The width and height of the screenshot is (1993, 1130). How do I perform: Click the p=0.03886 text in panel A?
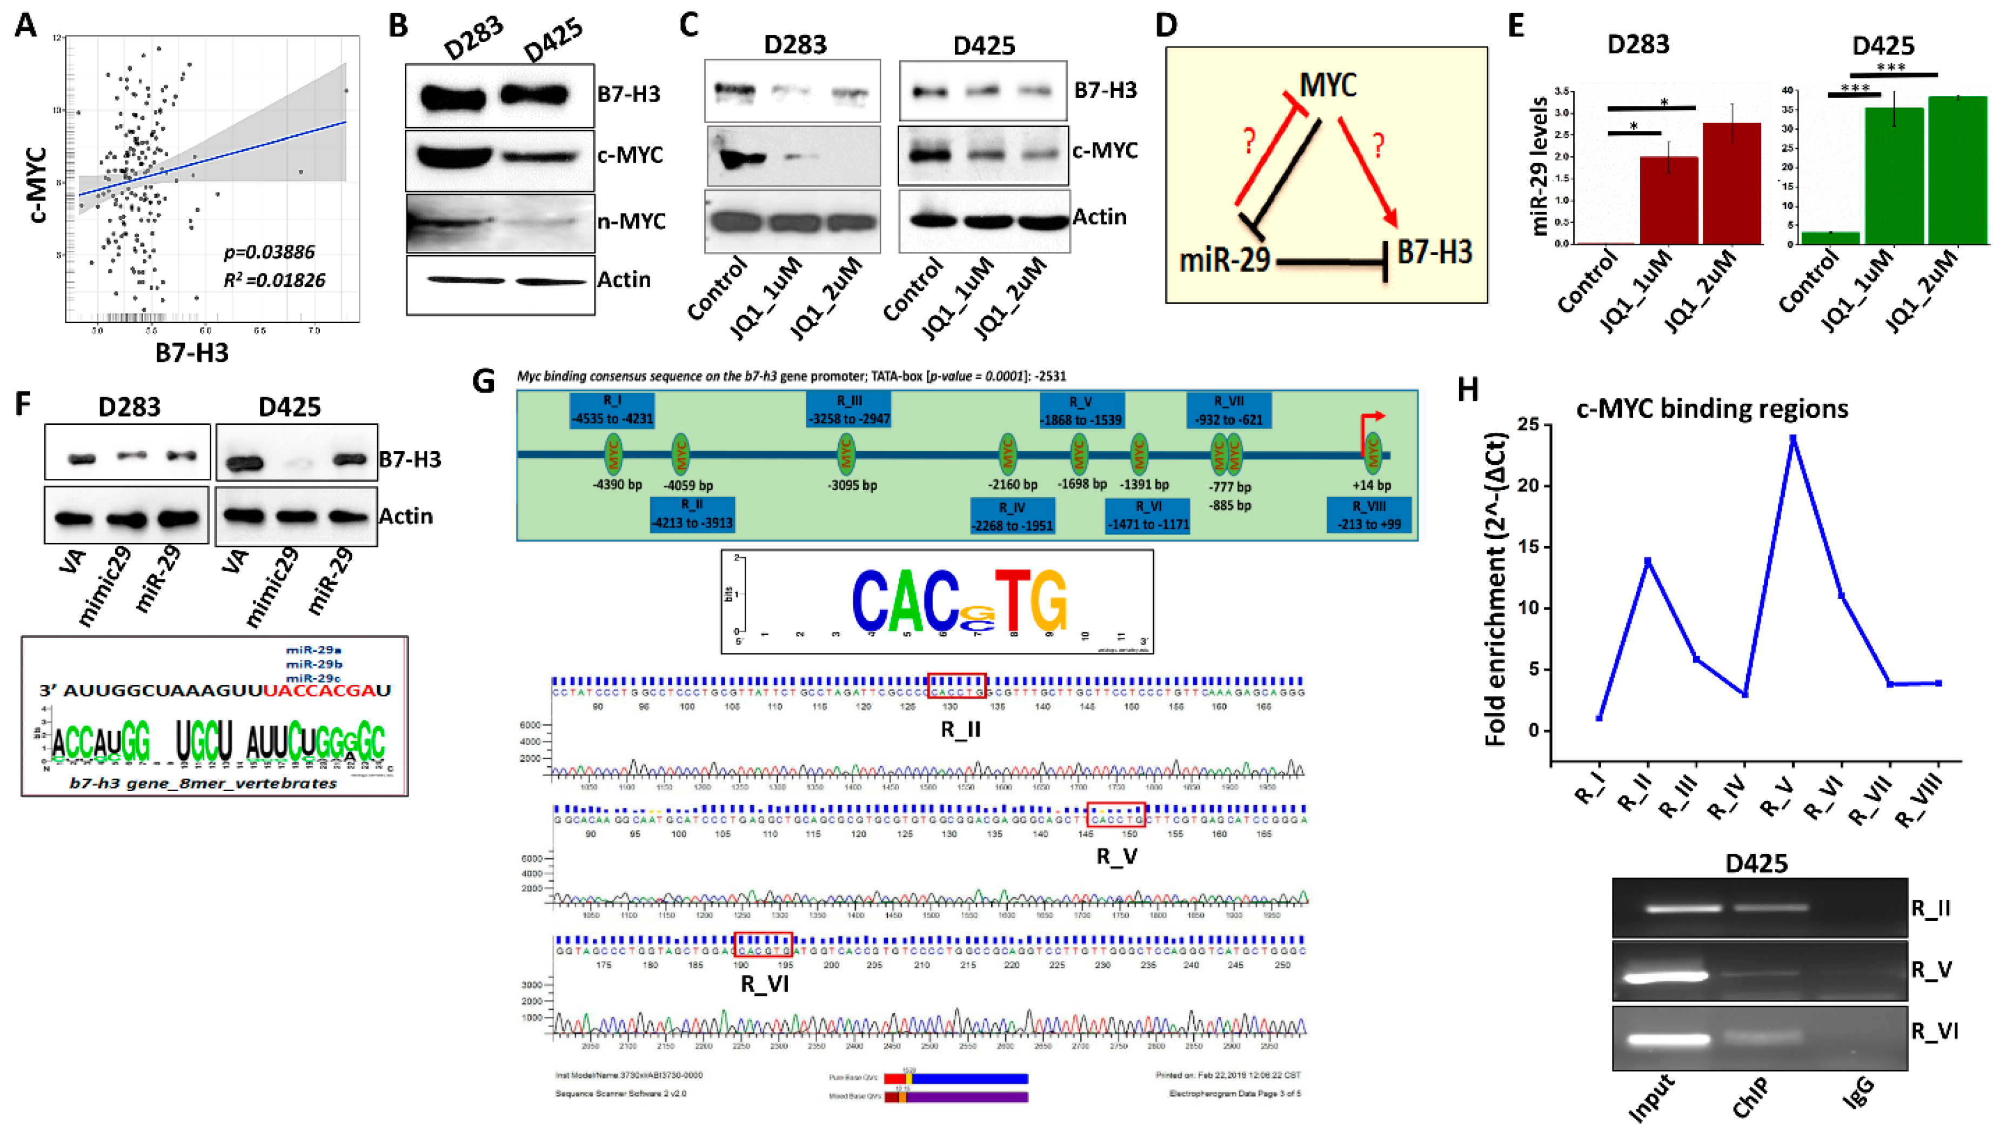(269, 252)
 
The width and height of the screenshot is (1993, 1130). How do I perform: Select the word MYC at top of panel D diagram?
(1327, 85)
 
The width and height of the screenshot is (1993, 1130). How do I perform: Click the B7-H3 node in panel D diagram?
(1434, 252)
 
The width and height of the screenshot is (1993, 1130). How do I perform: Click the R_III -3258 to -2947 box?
(849, 410)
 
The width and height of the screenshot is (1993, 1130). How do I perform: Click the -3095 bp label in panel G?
(852, 486)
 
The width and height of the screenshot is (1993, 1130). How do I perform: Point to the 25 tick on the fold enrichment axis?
(1527, 425)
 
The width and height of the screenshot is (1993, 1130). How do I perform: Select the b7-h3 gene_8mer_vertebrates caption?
(203, 783)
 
